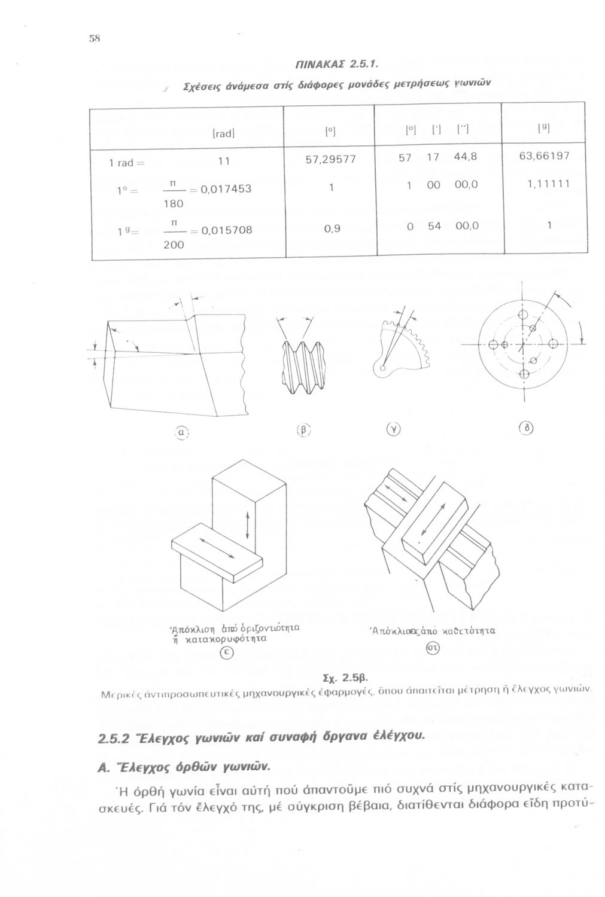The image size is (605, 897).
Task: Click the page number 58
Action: (x=94, y=37)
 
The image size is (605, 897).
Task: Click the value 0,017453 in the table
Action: (x=226, y=189)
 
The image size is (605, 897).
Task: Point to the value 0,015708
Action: (x=226, y=230)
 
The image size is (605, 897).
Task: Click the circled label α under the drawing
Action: (x=180, y=432)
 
